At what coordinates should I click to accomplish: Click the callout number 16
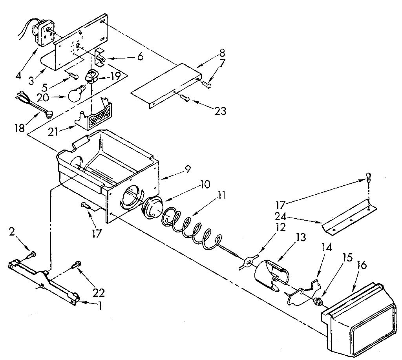click(362, 265)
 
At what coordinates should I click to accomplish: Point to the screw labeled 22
click(77, 265)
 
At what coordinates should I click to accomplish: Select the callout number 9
click(188, 169)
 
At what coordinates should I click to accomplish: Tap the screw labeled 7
click(207, 83)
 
